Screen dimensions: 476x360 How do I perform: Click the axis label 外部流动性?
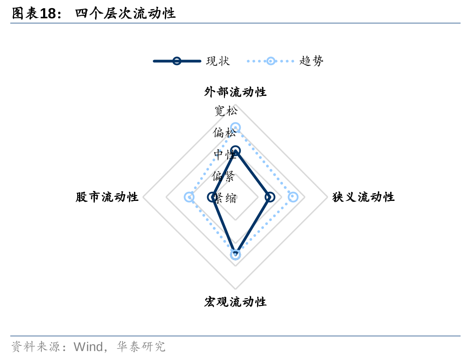point(235,92)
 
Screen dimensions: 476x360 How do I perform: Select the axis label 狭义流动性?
point(363,197)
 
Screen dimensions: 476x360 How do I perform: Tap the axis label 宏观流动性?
point(235,302)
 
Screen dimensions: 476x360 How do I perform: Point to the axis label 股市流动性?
point(107,197)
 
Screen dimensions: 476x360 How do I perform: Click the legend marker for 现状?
point(177,61)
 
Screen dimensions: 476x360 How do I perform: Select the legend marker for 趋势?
point(271,61)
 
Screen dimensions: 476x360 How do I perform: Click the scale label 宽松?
point(226,110)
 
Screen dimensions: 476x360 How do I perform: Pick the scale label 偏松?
point(224,133)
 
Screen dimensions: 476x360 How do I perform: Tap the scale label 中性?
point(225,155)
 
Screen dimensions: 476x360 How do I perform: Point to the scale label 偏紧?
point(223,176)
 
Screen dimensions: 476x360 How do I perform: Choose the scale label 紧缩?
point(225,198)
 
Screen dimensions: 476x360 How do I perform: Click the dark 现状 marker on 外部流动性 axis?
point(235,151)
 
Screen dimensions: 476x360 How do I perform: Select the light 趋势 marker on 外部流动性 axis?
point(235,128)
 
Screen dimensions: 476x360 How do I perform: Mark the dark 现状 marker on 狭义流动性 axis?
point(270,197)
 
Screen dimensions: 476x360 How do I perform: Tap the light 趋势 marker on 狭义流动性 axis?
point(293,197)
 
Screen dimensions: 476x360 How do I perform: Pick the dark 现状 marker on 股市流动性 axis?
point(212,197)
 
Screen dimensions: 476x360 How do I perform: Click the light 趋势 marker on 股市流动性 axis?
point(189,197)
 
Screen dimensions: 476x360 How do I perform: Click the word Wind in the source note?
point(88,347)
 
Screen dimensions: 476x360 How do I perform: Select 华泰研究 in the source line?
point(141,347)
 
